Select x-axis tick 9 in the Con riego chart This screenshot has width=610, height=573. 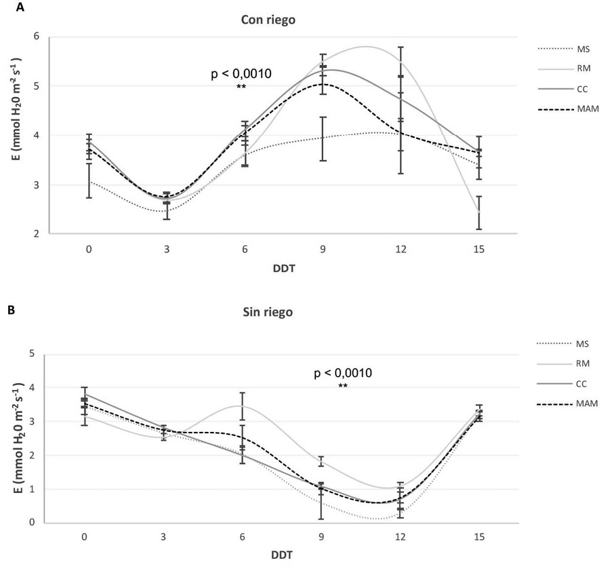pos(323,249)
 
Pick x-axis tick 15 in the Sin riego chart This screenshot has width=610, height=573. pos(479,536)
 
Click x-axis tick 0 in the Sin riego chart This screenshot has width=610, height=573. pos(84,536)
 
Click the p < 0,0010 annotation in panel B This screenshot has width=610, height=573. pos(342,373)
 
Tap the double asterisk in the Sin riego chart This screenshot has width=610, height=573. pos(343,387)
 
